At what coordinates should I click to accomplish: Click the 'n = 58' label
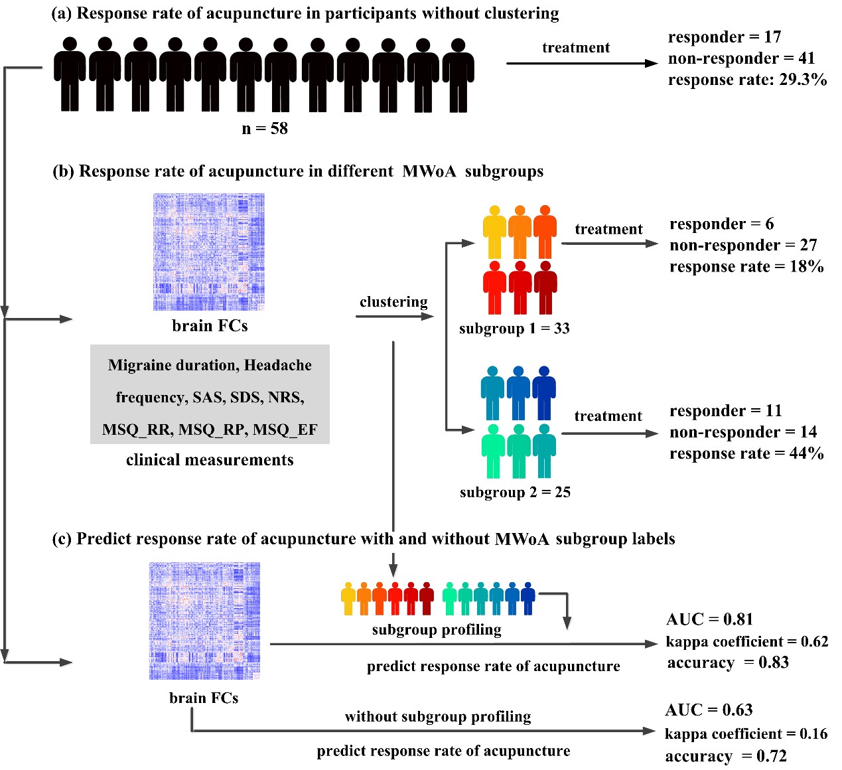(265, 129)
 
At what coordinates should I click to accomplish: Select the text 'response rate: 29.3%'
(747, 80)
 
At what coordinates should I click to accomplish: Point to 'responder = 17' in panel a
(724, 37)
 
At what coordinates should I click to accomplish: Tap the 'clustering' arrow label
(393, 302)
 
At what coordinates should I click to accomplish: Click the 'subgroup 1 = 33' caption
(514, 329)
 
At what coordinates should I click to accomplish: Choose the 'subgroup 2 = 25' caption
(515, 493)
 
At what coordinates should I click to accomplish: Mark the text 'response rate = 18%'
(746, 267)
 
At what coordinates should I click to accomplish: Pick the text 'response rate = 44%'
(746, 454)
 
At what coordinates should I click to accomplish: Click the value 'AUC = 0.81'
(709, 620)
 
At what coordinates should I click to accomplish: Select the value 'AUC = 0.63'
(709, 710)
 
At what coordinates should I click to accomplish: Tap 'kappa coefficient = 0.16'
(746, 734)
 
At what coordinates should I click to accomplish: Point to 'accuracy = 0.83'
(728, 663)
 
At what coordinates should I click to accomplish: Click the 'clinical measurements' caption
(210, 460)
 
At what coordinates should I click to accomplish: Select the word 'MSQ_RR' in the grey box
(136, 430)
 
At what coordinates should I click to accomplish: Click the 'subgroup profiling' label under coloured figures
(437, 630)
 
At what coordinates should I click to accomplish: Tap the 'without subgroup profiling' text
(438, 717)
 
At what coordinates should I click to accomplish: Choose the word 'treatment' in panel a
(576, 48)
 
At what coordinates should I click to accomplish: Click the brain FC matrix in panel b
(209, 252)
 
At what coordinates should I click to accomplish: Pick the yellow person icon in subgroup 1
(494, 232)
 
